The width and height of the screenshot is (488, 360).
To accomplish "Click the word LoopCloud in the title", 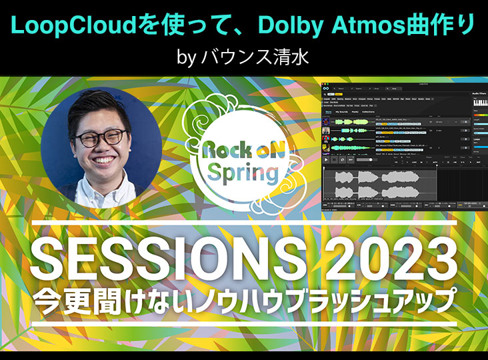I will click(71, 26).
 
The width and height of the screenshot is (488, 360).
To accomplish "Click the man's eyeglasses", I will click(100, 137).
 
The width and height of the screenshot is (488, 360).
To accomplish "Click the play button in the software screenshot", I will click(326, 159).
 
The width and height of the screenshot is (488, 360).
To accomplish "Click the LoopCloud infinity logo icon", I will click(325, 88).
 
